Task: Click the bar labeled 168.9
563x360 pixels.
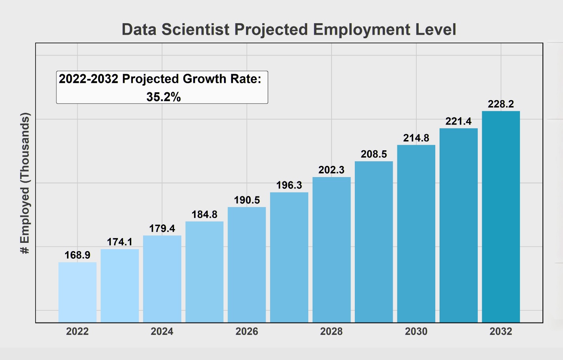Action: click(x=77, y=292)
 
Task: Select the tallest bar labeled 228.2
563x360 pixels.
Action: click(x=501, y=217)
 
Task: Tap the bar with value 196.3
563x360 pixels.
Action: click(x=289, y=257)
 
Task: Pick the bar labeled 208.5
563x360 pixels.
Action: click(x=374, y=242)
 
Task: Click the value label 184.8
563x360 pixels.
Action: click(x=204, y=215)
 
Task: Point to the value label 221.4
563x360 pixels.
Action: click(x=458, y=121)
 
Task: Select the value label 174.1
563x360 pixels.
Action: click(x=119, y=242)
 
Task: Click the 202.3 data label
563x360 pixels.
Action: click(x=331, y=170)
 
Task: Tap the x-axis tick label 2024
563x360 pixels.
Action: click(x=162, y=332)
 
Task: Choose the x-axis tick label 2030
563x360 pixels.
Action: click(x=416, y=332)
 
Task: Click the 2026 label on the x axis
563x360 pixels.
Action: click(x=247, y=332)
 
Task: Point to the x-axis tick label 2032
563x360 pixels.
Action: click(x=501, y=332)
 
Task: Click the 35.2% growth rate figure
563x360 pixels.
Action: click(x=163, y=97)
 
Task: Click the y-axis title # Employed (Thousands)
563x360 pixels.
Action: click(x=25, y=183)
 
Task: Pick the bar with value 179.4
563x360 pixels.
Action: click(x=162, y=279)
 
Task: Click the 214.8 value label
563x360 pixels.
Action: click(x=416, y=138)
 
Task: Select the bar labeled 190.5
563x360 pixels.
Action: click(x=247, y=265)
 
